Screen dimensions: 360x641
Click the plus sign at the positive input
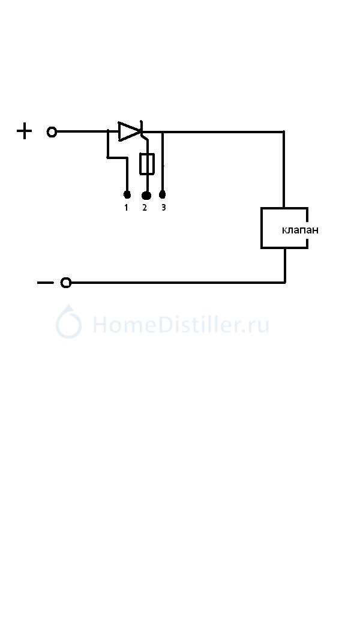pyautogui.click(x=24, y=131)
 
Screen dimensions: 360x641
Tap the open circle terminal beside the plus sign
pyautogui.click(x=52, y=132)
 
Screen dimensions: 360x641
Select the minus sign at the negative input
pyautogui.click(x=45, y=283)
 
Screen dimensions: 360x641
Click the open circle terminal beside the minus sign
pyautogui.click(x=66, y=283)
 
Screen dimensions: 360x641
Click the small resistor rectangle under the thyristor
pyautogui.click(x=146, y=164)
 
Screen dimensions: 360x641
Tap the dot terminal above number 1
pyautogui.click(x=127, y=194)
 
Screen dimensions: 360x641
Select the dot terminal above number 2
pyautogui.click(x=146, y=196)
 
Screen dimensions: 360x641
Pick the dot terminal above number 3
pyautogui.click(x=162, y=194)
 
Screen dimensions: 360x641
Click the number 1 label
pyautogui.click(x=126, y=208)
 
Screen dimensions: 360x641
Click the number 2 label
pyautogui.click(x=144, y=208)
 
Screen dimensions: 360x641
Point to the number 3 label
pyautogui.click(x=163, y=208)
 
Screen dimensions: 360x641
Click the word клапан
pyautogui.click(x=300, y=230)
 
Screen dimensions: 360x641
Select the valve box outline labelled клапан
pyautogui.click(x=262, y=227)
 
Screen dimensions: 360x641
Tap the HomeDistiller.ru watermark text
pyautogui.click(x=181, y=325)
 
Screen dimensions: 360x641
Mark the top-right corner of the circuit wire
pyautogui.click(x=283, y=132)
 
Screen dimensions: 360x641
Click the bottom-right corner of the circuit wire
pyautogui.click(x=285, y=282)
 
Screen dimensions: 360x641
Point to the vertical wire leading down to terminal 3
pyautogui.click(x=163, y=161)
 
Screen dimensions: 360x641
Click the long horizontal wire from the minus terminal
pyautogui.click(x=178, y=283)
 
